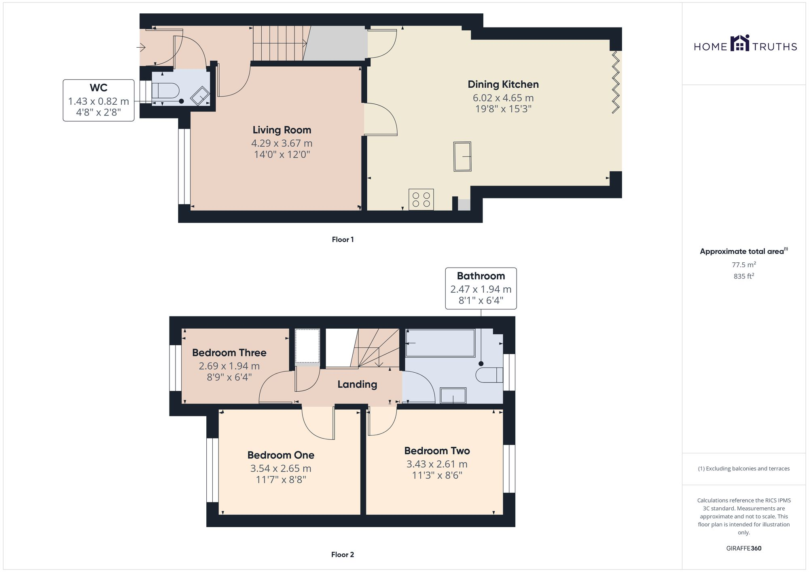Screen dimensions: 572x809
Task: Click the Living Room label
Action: pyautogui.click(x=282, y=130)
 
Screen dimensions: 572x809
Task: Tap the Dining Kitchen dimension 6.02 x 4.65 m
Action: pyautogui.click(x=503, y=98)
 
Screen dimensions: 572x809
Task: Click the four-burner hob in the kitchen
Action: pyautogui.click(x=421, y=200)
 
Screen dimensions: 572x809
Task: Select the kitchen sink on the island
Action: pyautogui.click(x=462, y=156)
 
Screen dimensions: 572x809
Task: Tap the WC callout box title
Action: pyautogui.click(x=98, y=88)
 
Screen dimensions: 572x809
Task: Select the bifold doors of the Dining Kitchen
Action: pyautogui.click(x=615, y=82)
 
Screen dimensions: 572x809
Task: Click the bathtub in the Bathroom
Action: pyautogui.click(x=440, y=343)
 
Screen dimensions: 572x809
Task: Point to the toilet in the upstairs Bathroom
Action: pyautogui.click(x=488, y=375)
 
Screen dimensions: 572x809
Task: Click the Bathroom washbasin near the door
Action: pyautogui.click(x=453, y=395)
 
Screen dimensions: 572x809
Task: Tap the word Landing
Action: pyautogui.click(x=357, y=384)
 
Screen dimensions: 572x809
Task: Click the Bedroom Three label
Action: pyautogui.click(x=229, y=352)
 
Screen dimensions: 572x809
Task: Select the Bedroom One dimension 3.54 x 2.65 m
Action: pyautogui.click(x=281, y=469)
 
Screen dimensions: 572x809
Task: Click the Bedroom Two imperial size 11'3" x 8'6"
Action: pyautogui.click(x=437, y=475)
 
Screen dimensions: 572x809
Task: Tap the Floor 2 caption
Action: pyautogui.click(x=342, y=555)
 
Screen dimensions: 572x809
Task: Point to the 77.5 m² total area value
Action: pyautogui.click(x=743, y=265)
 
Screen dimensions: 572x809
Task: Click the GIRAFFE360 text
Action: pyautogui.click(x=743, y=549)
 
